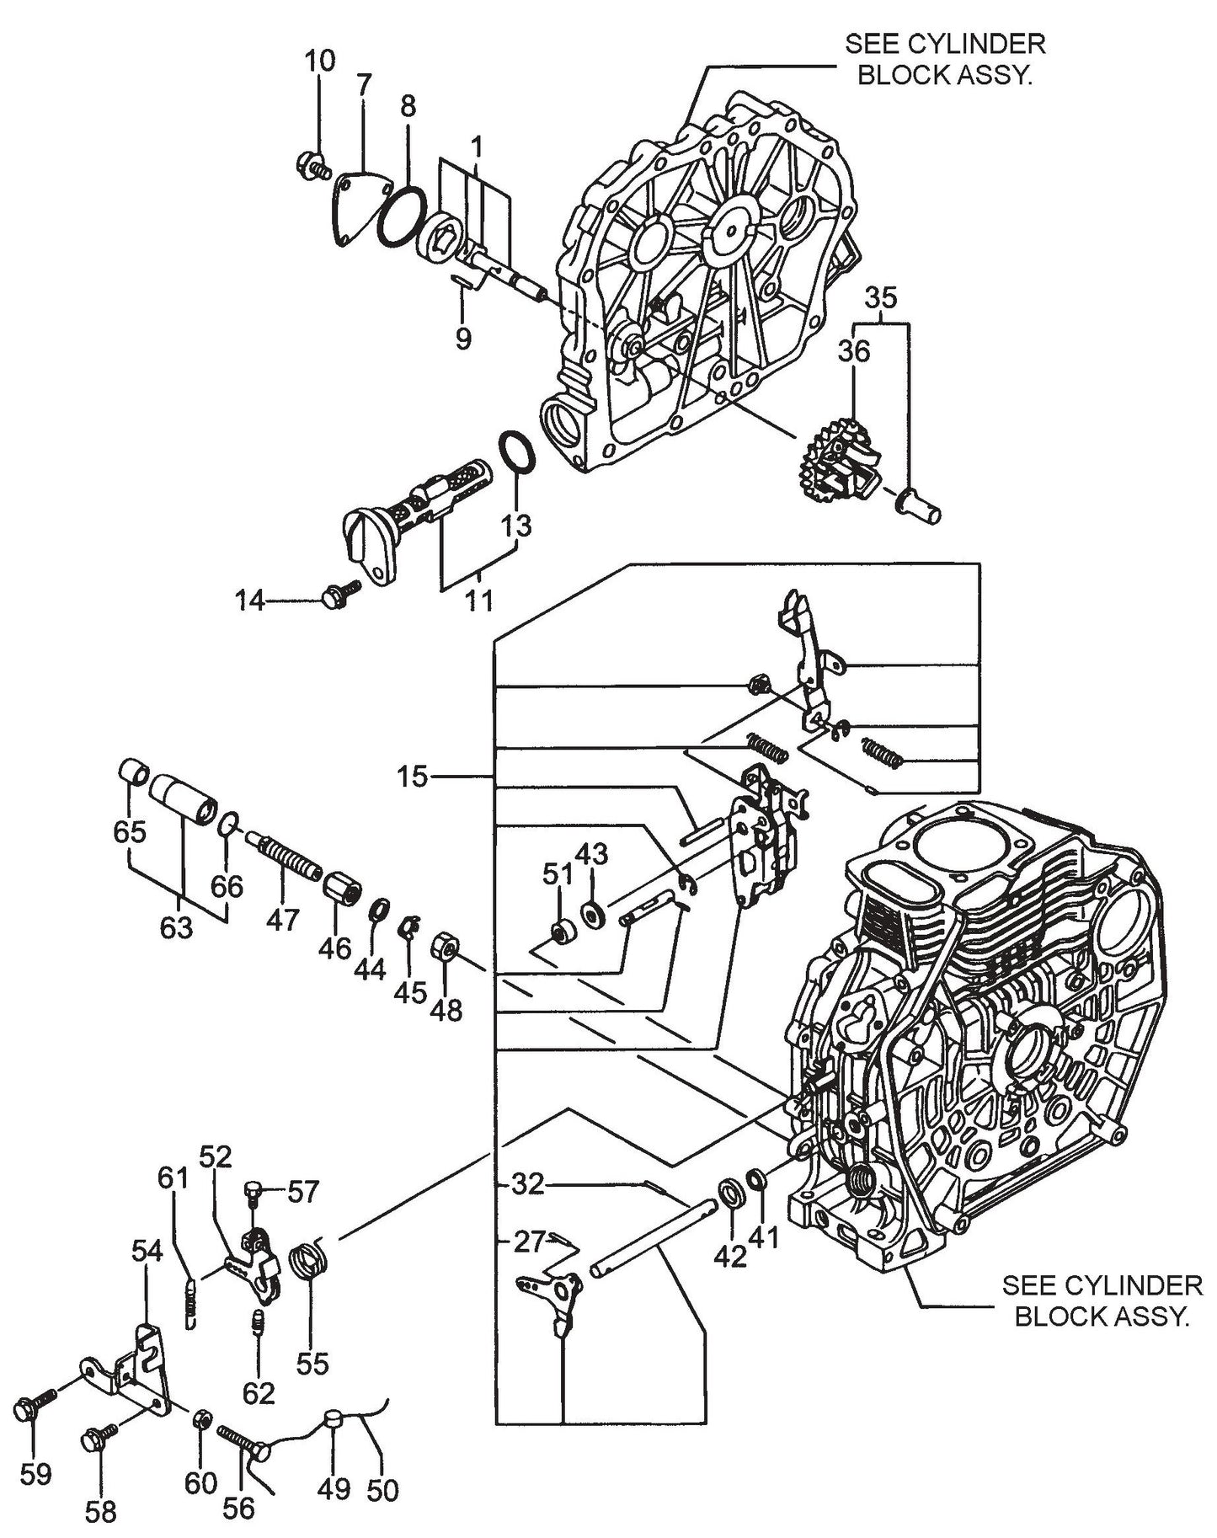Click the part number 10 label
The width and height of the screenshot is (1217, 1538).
pos(319,61)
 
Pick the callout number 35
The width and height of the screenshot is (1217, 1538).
pos(880,298)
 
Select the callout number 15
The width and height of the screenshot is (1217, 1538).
pos(414,776)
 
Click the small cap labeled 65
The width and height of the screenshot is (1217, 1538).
pos(135,772)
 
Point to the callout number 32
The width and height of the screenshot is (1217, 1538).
pos(528,1185)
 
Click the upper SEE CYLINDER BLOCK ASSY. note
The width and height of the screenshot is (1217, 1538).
pos(945,59)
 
